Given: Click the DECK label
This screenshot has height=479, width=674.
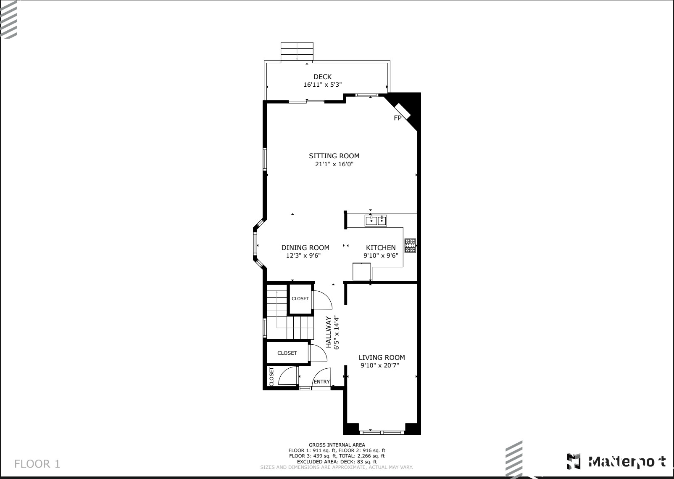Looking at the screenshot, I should (x=322, y=77).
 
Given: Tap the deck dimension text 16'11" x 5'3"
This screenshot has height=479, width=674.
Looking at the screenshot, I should (x=322, y=85).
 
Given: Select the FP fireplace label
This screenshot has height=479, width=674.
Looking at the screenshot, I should (x=398, y=118).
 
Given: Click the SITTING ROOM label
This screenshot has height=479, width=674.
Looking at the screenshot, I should (x=334, y=156).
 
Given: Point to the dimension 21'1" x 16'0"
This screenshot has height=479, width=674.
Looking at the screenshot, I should (x=334, y=164).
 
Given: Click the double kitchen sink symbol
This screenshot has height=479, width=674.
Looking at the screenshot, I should (x=376, y=220).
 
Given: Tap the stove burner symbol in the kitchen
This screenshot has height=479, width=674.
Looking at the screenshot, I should (x=410, y=246).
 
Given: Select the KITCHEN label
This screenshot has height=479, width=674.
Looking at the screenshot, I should (x=381, y=247).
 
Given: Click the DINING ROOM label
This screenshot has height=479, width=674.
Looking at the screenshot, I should (x=305, y=247).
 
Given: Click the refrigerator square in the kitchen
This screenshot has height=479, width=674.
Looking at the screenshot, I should (x=362, y=271).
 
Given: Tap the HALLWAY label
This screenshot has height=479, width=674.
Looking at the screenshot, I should (x=329, y=333).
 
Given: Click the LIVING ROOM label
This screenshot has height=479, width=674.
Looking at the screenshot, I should (x=382, y=357).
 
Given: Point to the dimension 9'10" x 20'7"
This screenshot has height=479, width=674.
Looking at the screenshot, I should (x=380, y=366).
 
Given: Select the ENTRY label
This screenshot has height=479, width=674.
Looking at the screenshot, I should (x=322, y=382).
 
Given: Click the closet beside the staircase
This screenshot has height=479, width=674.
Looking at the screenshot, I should (x=300, y=298).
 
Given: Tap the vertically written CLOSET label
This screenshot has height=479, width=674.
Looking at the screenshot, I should (x=271, y=377).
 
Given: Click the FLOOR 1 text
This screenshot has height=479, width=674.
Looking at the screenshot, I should (x=37, y=464).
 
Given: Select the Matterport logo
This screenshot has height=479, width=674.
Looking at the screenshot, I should (x=616, y=462).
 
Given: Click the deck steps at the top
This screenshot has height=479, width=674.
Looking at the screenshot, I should (x=297, y=51).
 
